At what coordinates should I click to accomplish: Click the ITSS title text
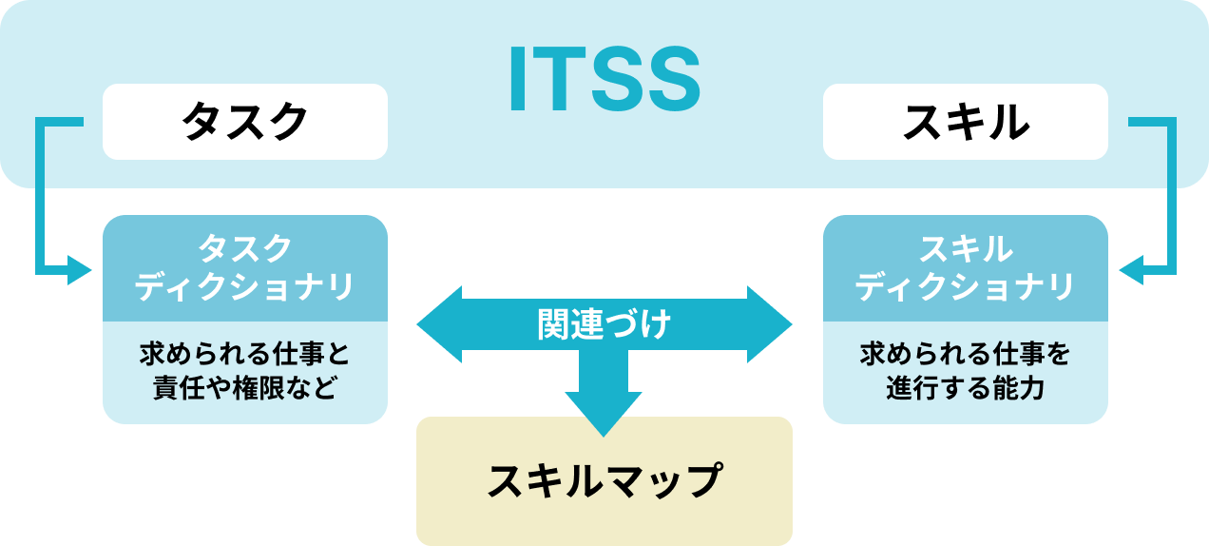[604, 80]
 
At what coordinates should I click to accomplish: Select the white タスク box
[245, 122]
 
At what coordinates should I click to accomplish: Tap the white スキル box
[965, 122]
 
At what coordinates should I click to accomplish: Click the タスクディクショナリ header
[245, 268]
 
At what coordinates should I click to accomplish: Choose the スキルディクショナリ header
[965, 268]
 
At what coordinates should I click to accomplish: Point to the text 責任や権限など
[245, 388]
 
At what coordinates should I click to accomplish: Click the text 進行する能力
[965, 388]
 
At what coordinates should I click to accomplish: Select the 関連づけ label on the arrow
[604, 324]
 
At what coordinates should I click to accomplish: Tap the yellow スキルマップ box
[604, 480]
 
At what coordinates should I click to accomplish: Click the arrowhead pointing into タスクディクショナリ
[80, 272]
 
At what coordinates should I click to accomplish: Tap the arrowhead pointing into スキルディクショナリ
[1131, 272]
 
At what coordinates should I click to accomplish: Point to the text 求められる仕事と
[245, 356]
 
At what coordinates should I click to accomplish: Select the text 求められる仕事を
[965, 356]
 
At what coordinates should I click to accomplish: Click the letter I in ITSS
[518, 80]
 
